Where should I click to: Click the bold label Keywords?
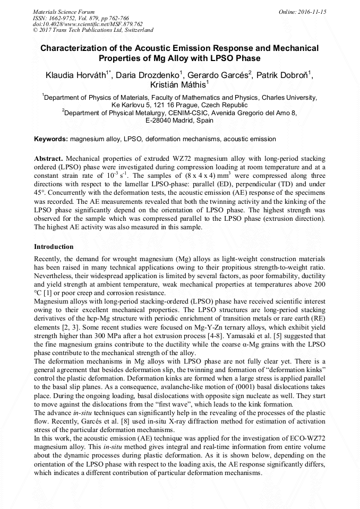(51, 139)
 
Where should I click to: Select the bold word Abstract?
(48, 159)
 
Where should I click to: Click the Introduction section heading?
(54, 247)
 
